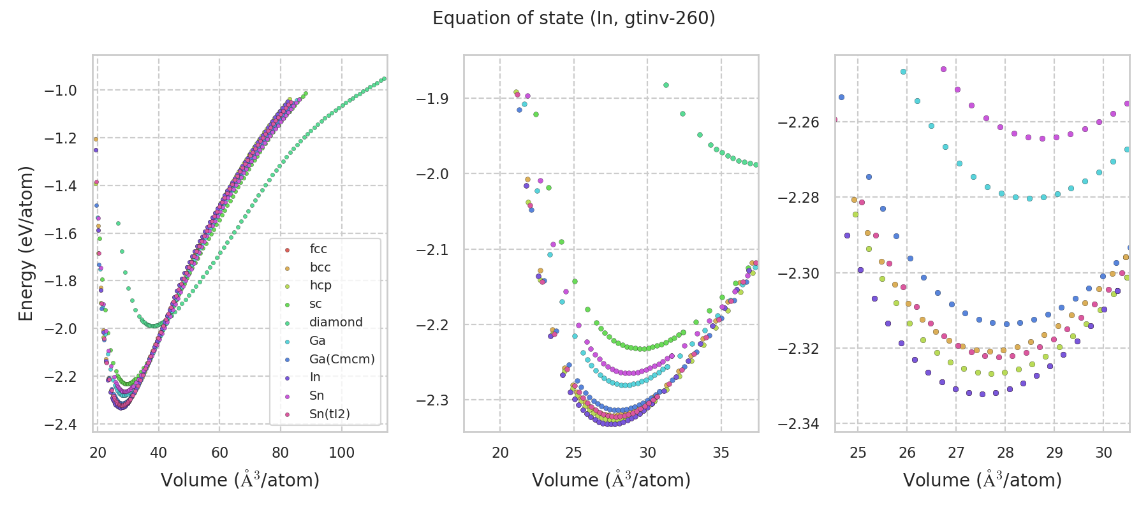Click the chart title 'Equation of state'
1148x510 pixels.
[573, 18]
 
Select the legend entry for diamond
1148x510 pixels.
[335, 323]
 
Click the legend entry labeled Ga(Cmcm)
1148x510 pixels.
[342, 359]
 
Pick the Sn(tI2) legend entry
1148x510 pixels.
[329, 414]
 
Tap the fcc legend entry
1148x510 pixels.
[318, 249]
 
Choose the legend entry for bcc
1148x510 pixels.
[320, 268]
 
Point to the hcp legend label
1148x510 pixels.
[320, 286]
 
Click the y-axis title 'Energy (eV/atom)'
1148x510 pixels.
[26, 243]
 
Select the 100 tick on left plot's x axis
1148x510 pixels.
[341, 453]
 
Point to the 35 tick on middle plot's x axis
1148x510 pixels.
[721, 453]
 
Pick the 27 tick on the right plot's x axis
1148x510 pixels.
[956, 453]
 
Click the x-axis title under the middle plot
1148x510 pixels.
[611, 480]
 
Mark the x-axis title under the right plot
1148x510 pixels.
[982, 480]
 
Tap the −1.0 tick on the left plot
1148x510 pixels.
[60, 91]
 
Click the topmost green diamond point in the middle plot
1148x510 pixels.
[666, 85]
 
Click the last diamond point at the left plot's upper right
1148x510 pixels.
[384, 78]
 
